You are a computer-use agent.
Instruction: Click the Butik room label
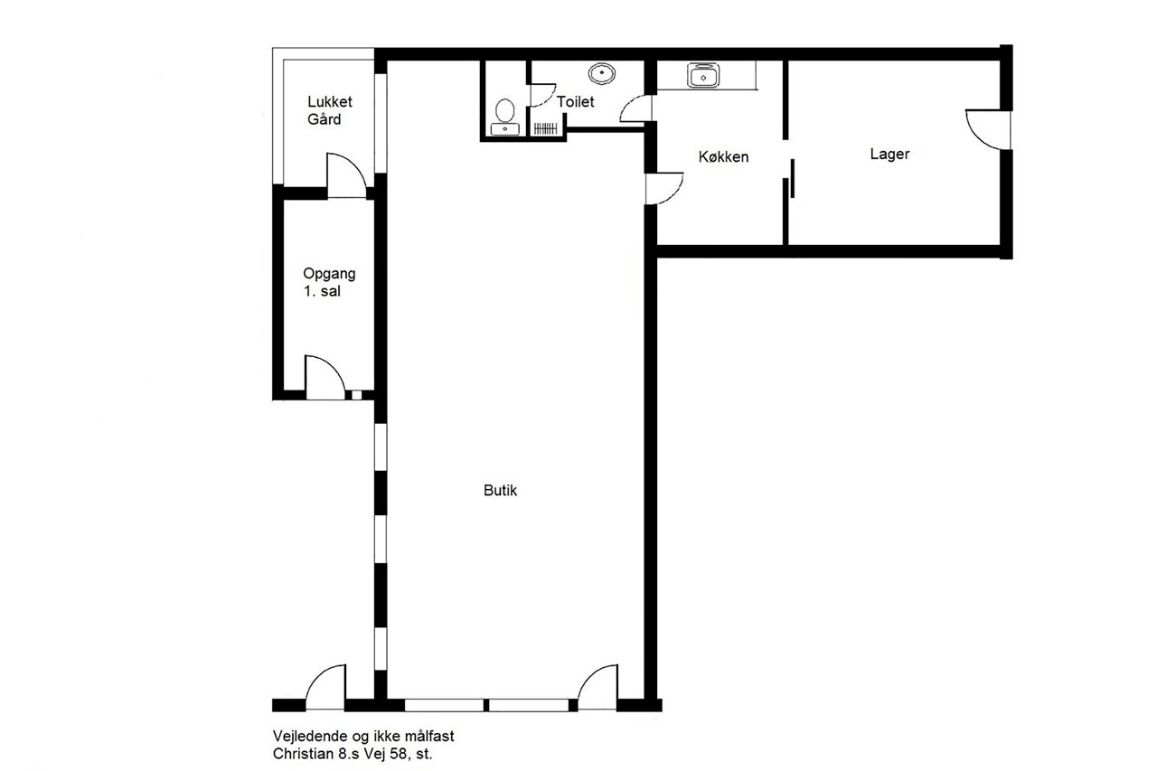coord(500,490)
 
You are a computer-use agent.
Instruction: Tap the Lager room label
coord(889,154)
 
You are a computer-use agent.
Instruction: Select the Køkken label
coord(723,156)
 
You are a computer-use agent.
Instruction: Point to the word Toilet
coord(576,102)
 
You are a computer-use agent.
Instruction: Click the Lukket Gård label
coord(330,110)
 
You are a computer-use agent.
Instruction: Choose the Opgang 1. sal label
coord(329,282)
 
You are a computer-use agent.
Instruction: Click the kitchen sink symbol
coord(703,75)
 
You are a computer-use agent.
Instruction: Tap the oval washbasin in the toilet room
coord(602,74)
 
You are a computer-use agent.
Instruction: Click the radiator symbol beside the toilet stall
coord(545,128)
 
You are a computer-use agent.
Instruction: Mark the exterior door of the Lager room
coord(989,129)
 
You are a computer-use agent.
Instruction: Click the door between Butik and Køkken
coord(664,189)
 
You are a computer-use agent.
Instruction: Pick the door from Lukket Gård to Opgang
coord(346,175)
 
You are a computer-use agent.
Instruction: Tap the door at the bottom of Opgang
coord(325,378)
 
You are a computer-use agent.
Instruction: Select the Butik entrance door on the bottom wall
coord(597,687)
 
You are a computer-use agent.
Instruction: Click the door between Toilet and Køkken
coord(635,108)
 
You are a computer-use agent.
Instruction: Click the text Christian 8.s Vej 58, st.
coord(353,754)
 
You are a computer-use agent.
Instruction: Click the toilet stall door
coord(543,96)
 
